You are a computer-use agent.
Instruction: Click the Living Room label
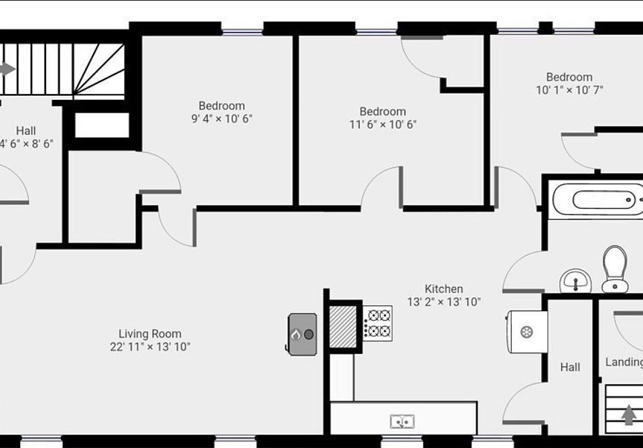[x=150, y=334]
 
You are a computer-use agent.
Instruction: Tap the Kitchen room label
[x=444, y=289]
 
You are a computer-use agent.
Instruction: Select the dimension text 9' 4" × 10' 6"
[x=222, y=119]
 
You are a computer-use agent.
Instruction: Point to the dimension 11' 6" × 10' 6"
[x=382, y=124]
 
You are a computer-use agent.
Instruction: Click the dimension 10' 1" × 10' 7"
[x=569, y=90]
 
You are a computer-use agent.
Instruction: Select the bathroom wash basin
[x=575, y=281]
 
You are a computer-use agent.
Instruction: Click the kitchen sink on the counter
[x=403, y=421]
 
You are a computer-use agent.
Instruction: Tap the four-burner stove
[x=378, y=323]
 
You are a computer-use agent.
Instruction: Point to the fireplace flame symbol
[x=295, y=334]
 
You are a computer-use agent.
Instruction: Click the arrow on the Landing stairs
[x=628, y=415]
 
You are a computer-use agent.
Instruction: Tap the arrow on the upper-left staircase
[x=7, y=69]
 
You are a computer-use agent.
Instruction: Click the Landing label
[x=624, y=362]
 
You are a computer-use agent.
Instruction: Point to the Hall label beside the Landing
[x=570, y=367]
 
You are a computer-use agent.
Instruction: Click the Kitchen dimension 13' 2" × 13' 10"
[x=444, y=302]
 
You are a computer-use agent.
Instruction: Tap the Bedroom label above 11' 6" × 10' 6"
[x=382, y=111]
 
